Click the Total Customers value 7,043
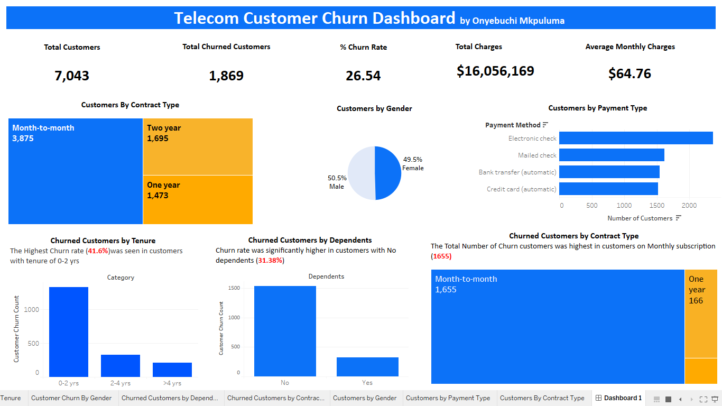tap(72, 76)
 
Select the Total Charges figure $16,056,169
tap(495, 71)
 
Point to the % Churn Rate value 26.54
tap(363, 76)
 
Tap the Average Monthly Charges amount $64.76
tap(630, 73)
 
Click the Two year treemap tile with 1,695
tap(198, 146)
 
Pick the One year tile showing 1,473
tap(198, 200)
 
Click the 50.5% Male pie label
tap(337, 182)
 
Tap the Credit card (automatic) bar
tap(608, 189)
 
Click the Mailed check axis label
tap(537, 155)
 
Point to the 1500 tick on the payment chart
tap(656, 205)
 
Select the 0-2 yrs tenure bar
tap(69, 331)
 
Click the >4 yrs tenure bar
tap(172, 370)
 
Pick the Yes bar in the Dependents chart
tap(367, 367)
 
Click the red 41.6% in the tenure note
tap(98, 251)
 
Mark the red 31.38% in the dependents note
tap(270, 261)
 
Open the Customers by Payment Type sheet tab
tap(448, 398)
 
